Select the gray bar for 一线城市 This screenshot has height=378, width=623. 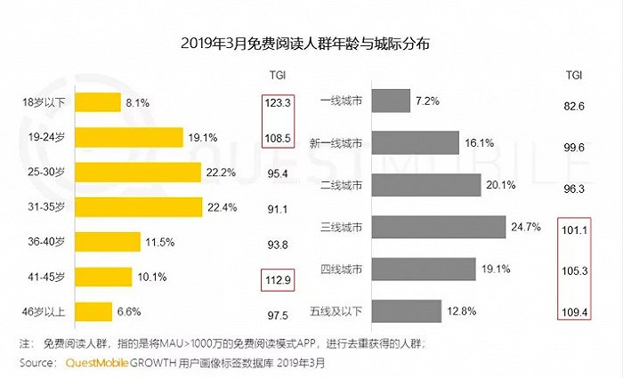pos(391,102)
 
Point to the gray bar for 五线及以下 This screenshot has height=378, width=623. pos(408,310)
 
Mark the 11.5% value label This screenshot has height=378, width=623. pos(161,242)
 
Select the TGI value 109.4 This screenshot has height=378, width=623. pos(575,312)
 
